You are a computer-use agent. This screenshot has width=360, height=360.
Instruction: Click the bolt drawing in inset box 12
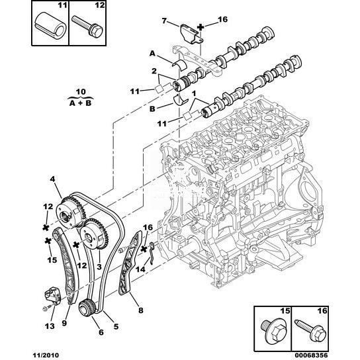pos(87,26)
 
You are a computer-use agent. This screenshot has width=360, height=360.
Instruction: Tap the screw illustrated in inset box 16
pos(310,331)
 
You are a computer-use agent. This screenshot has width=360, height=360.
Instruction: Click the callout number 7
pos(164,21)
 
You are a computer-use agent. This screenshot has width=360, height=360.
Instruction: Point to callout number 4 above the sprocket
pos(52,179)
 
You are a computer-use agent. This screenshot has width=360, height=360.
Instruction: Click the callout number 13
pos(50,326)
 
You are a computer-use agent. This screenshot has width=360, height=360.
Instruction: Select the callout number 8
pos(141,310)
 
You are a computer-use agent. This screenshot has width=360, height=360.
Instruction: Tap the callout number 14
pos(140,269)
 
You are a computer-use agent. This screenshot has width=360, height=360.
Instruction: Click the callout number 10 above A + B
pos(81,92)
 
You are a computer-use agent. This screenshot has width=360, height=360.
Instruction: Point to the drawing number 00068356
pos(314,355)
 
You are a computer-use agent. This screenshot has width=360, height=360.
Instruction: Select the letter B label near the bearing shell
pos(152,109)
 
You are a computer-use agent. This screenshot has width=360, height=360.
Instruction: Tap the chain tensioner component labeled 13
pos(52,296)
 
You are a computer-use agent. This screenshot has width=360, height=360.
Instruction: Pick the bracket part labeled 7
pos(191,34)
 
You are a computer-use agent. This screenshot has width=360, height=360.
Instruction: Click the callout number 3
pos(99,267)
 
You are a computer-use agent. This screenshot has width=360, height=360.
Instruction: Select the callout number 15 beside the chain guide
pos(52,260)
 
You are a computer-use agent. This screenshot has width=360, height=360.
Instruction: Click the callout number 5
pos(116,326)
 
